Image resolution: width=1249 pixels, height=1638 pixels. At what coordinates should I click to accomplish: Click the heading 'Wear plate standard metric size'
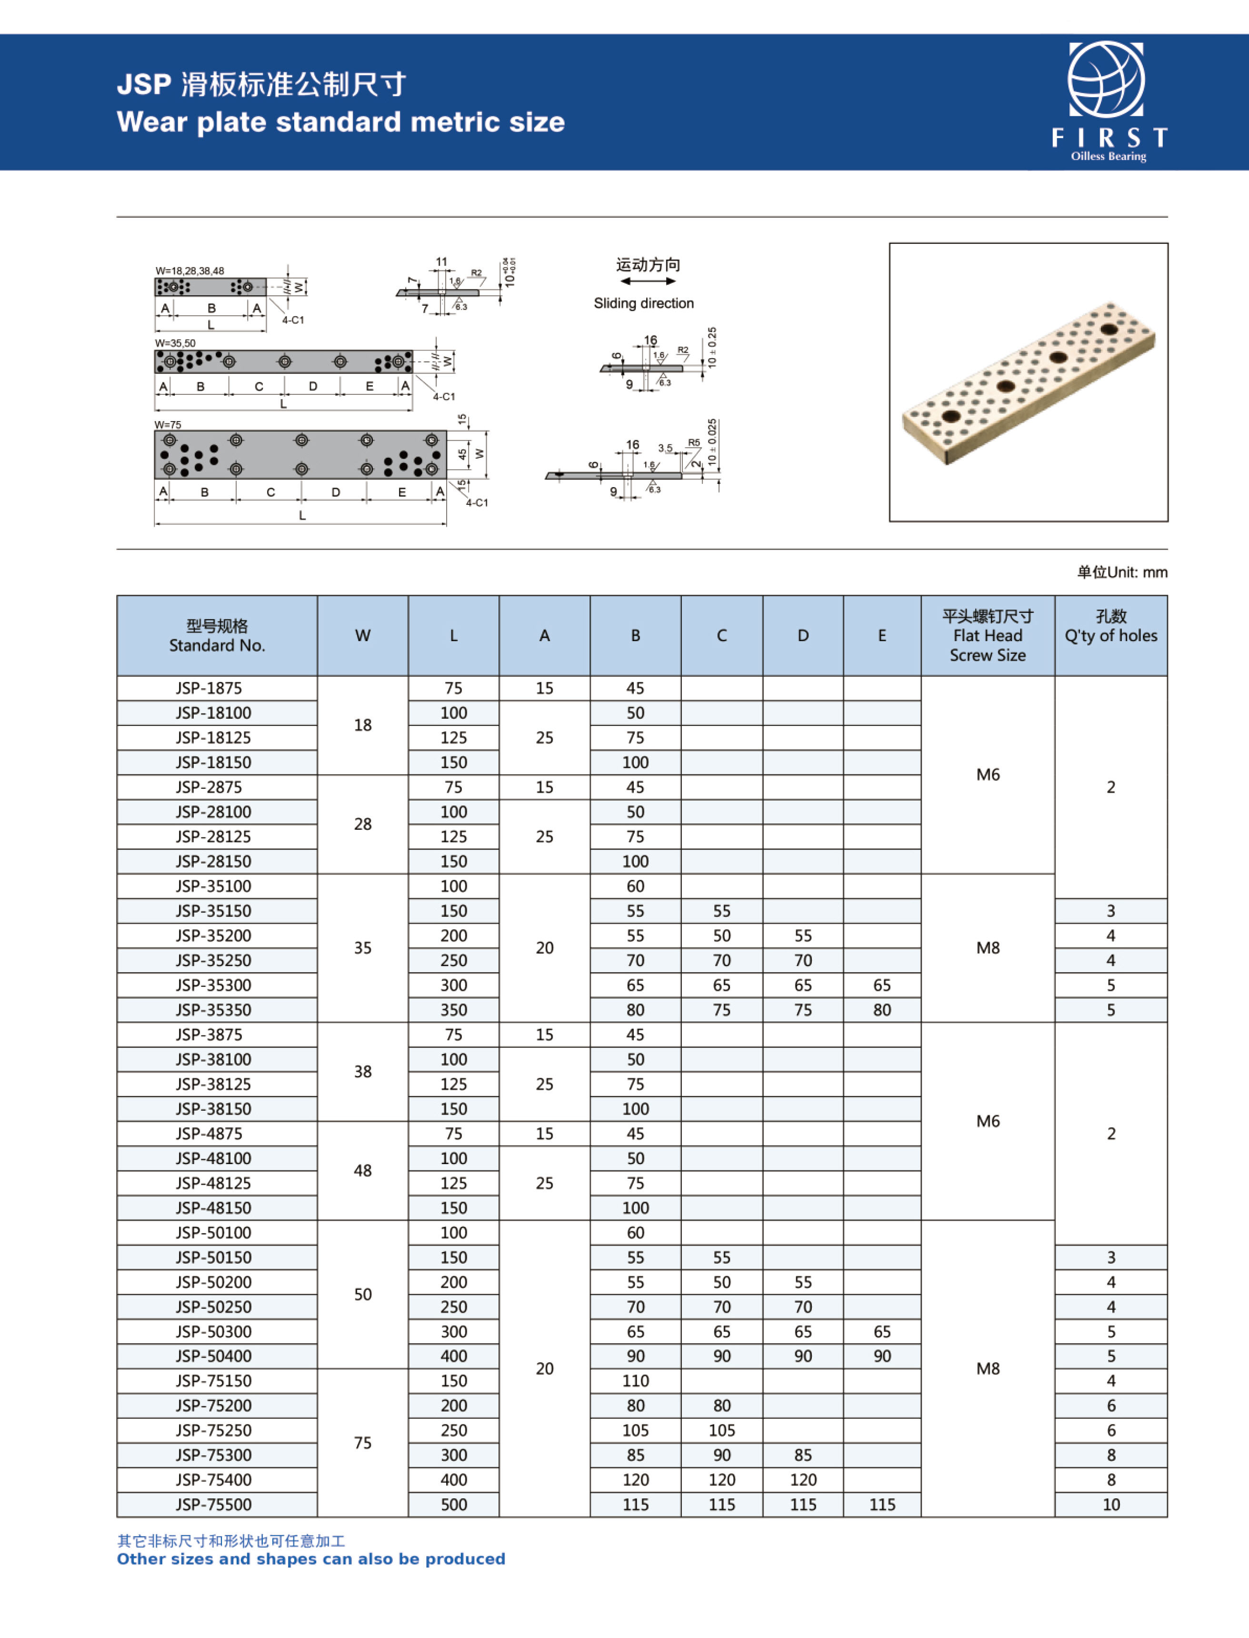point(340,122)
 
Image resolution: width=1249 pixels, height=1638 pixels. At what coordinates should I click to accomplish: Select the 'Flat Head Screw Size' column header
point(987,636)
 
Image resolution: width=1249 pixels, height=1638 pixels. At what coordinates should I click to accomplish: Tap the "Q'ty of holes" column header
point(1111,636)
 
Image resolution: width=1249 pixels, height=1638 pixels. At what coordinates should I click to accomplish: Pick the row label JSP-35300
point(213,985)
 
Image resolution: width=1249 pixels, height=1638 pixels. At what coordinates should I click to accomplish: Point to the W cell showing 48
point(363,1170)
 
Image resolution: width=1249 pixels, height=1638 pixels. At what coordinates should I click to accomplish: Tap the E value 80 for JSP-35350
point(882,1010)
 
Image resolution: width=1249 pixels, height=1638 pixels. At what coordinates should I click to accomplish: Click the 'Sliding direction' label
point(644,303)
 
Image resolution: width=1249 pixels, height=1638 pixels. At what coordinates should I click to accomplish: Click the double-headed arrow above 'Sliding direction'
point(648,281)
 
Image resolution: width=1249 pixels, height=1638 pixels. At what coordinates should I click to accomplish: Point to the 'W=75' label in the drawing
point(168,424)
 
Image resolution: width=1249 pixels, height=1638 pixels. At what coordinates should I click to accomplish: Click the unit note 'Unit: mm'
point(1123,572)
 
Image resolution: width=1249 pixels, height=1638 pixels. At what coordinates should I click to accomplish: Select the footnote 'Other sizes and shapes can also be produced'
point(311,1559)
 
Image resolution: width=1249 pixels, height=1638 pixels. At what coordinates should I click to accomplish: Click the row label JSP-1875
point(209,688)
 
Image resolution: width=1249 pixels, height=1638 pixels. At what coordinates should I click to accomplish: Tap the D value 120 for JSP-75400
point(803,1479)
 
